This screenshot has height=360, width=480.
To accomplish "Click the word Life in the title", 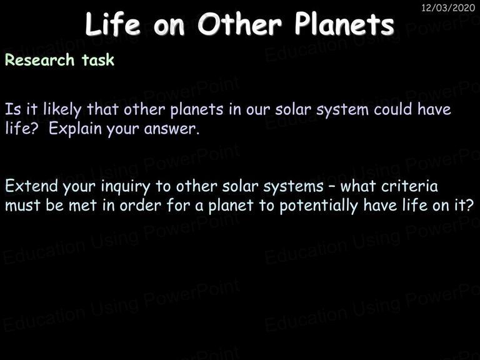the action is pos(112,24).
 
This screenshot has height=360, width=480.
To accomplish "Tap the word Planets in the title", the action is pos(344,24).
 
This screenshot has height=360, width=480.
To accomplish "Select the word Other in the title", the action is pos(239,24).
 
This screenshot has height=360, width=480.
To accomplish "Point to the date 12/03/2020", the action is pos(448,7).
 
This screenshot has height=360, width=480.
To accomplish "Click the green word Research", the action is pos(40,60).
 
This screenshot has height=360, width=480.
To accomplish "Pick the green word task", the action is pos(98,60).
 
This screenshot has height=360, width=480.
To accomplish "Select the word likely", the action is pos(62,110).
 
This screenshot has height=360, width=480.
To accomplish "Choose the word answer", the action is pos(171,129).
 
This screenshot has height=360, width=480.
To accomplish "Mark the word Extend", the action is pos(31,186).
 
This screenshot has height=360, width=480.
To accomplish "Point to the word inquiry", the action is pos(126,187).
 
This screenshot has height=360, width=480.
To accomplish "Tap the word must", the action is pos(23,206).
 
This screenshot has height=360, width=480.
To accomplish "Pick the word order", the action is pos(140,206).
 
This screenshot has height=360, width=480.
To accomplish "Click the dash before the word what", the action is pos(332,187).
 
